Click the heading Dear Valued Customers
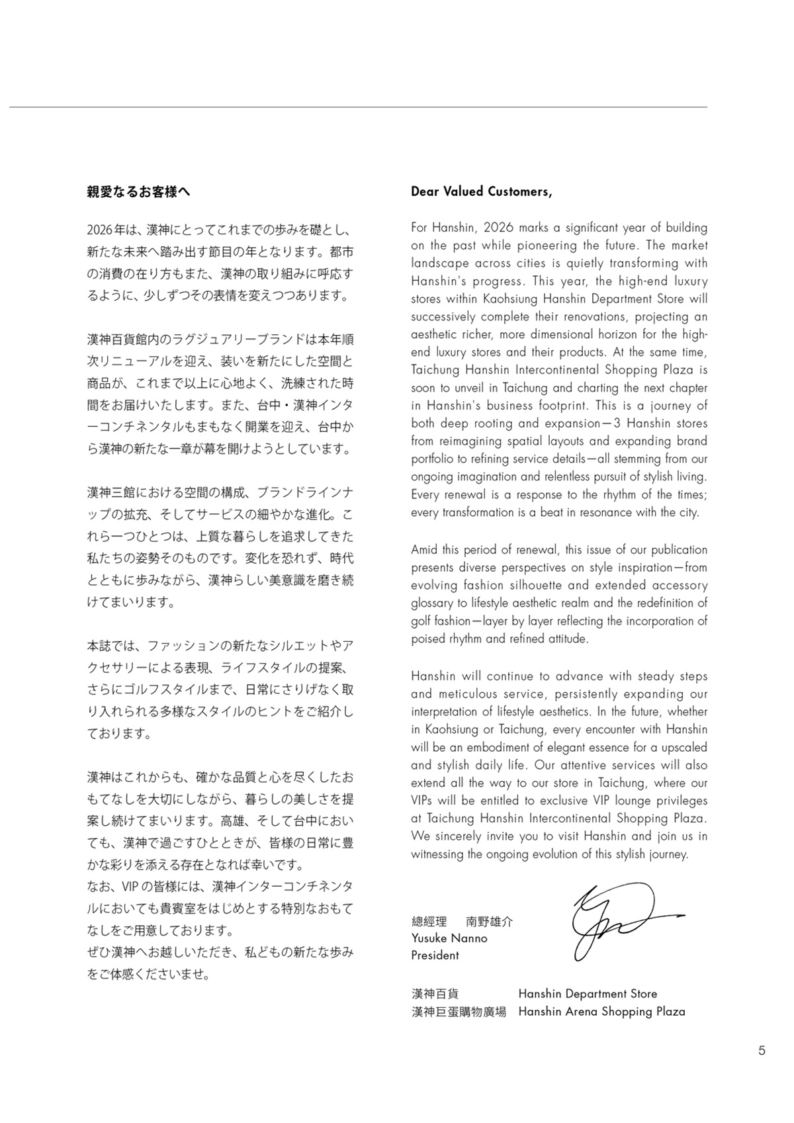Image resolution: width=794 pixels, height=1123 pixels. point(481,192)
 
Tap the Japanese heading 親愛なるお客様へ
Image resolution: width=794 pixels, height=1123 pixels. point(138,192)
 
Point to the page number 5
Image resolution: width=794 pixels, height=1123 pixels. point(762,1050)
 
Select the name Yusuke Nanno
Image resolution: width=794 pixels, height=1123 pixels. point(449,938)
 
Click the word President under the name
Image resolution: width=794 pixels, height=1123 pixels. point(435,956)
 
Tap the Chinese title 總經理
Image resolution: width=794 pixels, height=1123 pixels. point(429,921)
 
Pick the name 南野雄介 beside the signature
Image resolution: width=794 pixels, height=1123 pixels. point(490,921)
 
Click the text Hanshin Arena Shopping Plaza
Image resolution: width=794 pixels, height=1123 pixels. point(601,1012)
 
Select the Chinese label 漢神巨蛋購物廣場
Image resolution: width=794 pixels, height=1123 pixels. point(459,1012)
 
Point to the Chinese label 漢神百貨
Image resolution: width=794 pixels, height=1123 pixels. point(435,994)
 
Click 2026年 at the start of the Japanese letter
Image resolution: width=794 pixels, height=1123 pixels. point(106,230)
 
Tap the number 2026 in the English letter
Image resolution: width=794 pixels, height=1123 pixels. point(499,228)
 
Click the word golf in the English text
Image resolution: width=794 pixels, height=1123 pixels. point(423,621)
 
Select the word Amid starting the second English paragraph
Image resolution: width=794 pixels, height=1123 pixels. point(425,550)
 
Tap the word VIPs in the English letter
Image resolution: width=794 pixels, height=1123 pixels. point(421,801)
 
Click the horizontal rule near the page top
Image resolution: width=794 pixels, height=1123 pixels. point(358,107)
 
